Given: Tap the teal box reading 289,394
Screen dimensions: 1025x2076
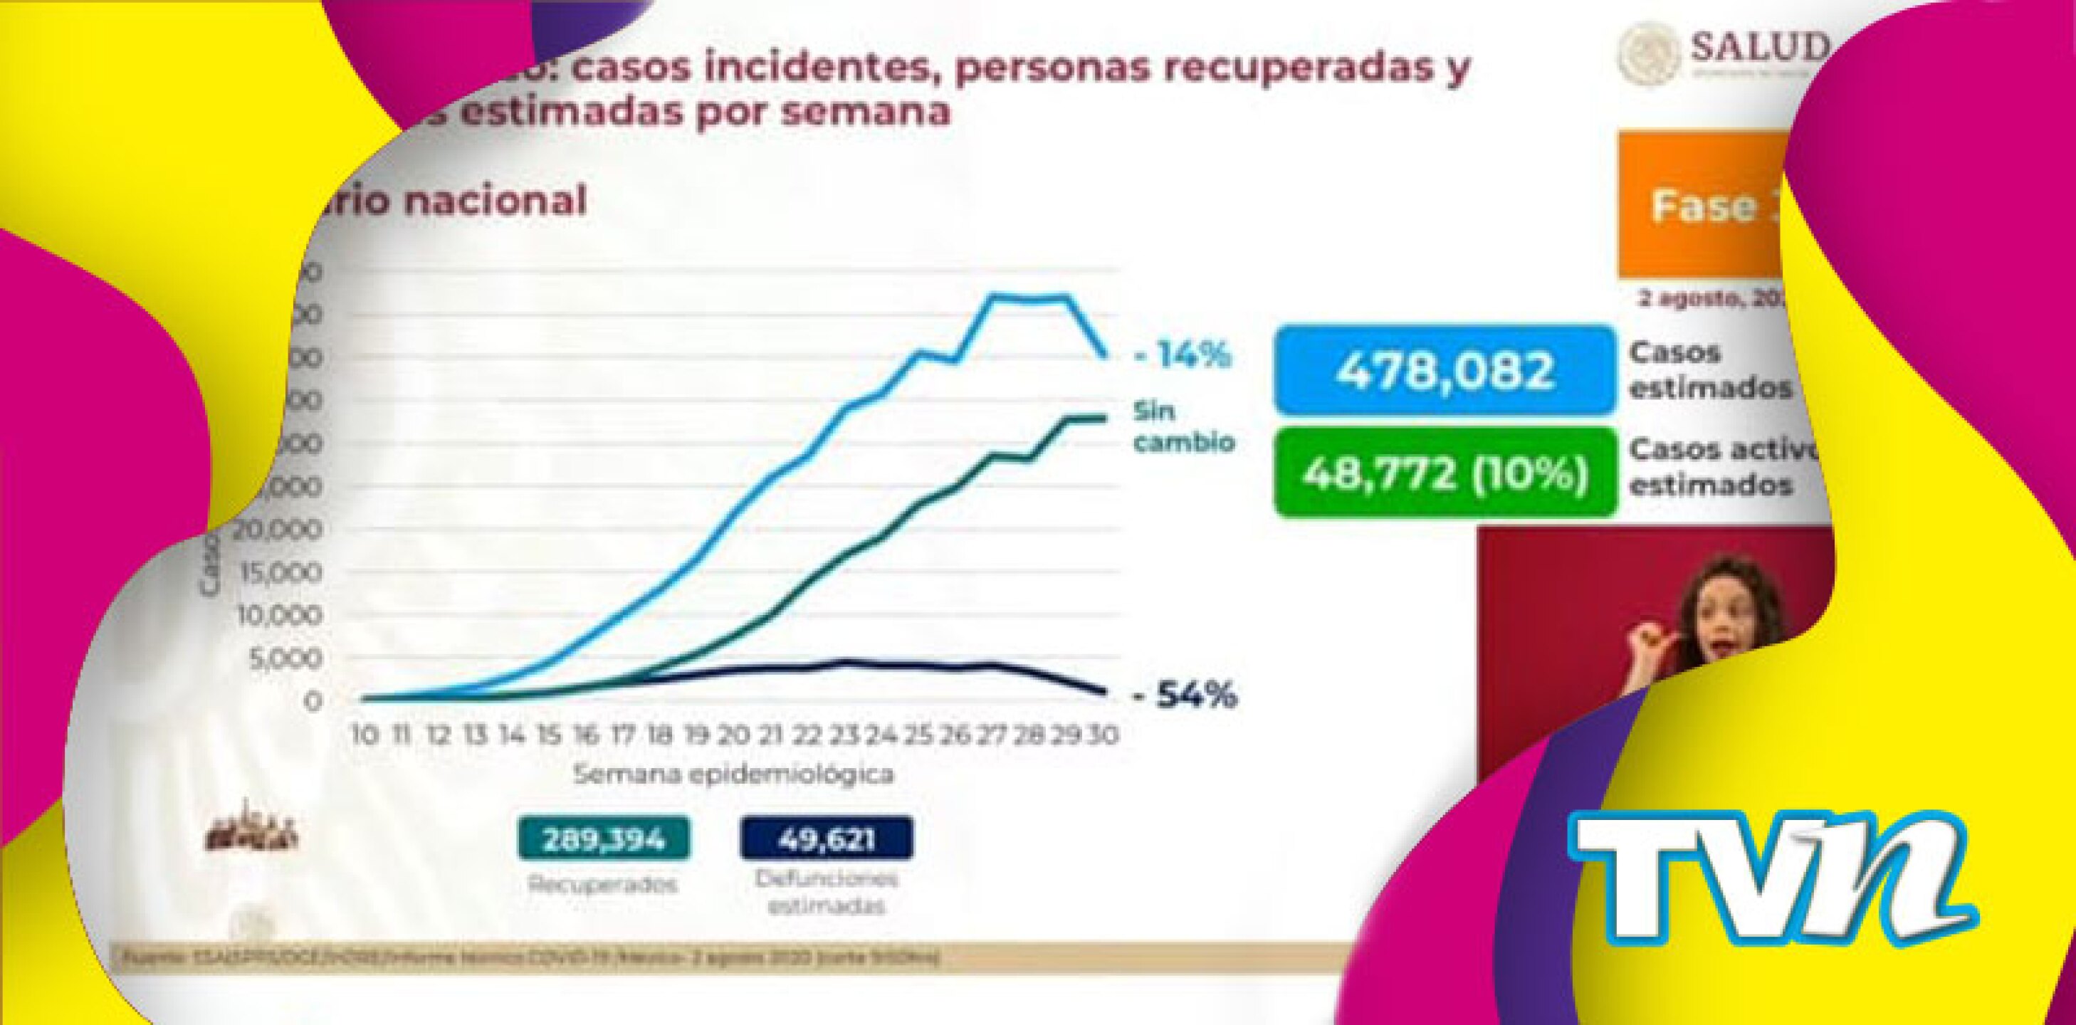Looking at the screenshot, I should [x=604, y=840].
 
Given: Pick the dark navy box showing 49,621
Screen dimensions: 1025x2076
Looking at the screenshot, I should [x=826, y=840].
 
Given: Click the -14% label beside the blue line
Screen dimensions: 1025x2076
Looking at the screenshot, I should [x=1183, y=355].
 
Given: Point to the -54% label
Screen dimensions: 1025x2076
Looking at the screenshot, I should [x=1185, y=696].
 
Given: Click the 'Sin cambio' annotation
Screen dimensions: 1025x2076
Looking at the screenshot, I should [x=1183, y=427].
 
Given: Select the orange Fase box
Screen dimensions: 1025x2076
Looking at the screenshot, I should [x=1700, y=206].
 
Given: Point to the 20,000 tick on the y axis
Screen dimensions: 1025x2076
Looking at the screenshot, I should [x=278, y=530].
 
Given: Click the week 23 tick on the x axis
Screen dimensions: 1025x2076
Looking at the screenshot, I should [x=844, y=735].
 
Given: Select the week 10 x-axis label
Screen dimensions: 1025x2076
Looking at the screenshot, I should [x=365, y=735].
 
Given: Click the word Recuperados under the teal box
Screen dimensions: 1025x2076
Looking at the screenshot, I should [x=603, y=885].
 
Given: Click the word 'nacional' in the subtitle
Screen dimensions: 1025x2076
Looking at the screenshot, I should [x=494, y=201].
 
